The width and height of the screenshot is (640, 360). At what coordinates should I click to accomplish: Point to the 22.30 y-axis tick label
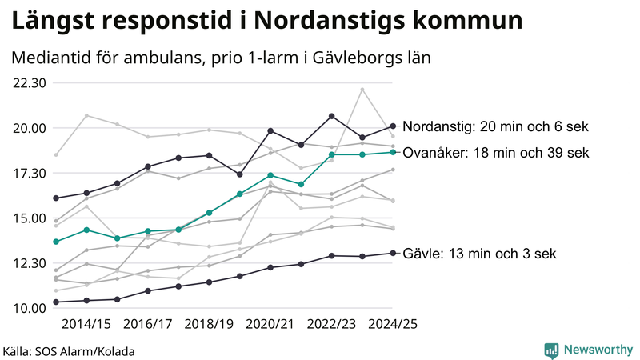point(30,83)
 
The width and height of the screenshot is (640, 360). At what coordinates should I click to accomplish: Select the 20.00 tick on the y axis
point(30,128)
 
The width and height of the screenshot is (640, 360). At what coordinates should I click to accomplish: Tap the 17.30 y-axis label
point(30,174)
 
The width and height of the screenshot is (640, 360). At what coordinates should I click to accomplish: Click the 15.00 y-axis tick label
point(30,218)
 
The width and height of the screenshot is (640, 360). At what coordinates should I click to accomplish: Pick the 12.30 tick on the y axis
point(30,263)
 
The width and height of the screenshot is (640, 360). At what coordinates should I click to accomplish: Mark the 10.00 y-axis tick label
point(30,308)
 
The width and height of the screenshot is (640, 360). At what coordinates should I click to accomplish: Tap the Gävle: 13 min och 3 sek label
point(479,254)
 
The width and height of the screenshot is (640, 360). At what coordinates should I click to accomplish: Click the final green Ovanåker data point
point(393,152)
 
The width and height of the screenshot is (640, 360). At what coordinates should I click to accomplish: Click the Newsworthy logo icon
point(551,350)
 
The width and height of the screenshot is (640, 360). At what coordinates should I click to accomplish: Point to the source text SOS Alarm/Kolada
point(90,351)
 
